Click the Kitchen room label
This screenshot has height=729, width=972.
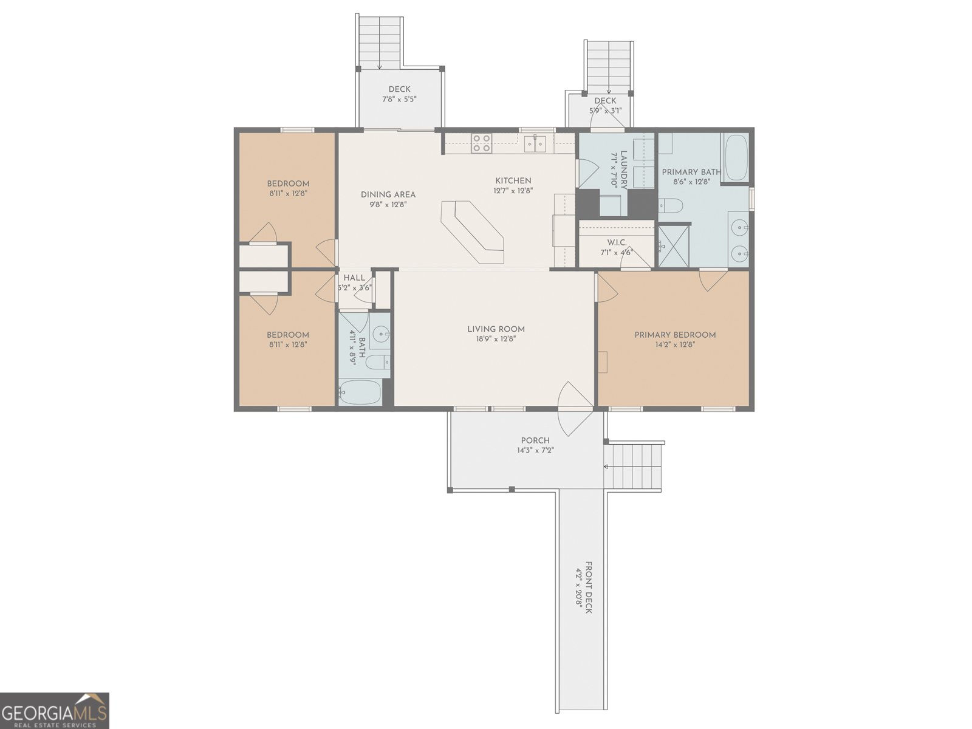[x=513, y=180]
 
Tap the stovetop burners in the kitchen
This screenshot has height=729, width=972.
[x=482, y=143]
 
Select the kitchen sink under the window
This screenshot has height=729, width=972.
[x=535, y=144]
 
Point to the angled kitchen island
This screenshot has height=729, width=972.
[x=473, y=231]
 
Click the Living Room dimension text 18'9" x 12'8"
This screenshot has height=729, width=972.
[x=496, y=339]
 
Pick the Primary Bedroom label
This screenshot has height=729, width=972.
[x=675, y=335]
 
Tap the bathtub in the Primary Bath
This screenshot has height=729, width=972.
[x=736, y=157]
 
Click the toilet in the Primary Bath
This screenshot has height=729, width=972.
[x=671, y=206]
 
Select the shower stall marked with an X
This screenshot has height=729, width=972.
[x=674, y=245]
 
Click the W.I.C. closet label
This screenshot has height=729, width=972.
[x=617, y=242]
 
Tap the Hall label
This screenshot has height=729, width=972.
[x=354, y=278]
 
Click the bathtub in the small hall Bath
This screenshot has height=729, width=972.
[x=360, y=392]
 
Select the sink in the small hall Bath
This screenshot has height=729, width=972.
[x=381, y=333]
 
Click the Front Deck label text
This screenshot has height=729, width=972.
[x=587, y=587]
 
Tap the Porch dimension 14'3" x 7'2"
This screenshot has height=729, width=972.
[x=535, y=450]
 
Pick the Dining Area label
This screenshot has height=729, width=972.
[x=388, y=194]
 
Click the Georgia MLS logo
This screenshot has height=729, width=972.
[x=55, y=710]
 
